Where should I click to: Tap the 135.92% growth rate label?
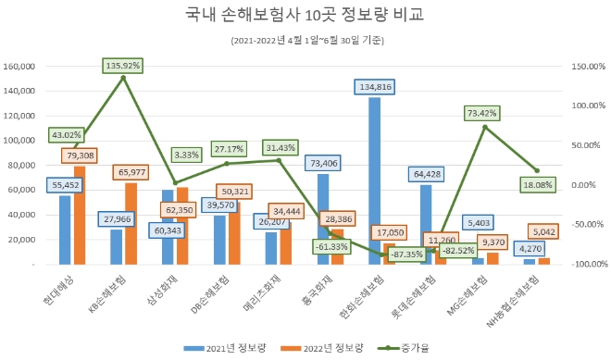pos(123,66)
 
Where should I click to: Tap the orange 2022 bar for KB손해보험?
pos(131,223)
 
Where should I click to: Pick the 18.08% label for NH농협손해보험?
pos(538,185)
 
